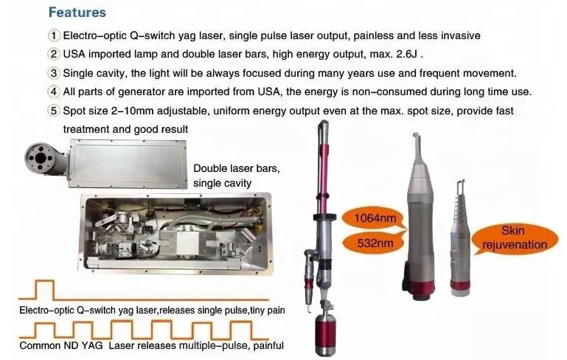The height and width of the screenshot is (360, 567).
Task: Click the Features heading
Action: click(x=77, y=13)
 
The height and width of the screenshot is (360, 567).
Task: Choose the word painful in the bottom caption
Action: click(x=266, y=345)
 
